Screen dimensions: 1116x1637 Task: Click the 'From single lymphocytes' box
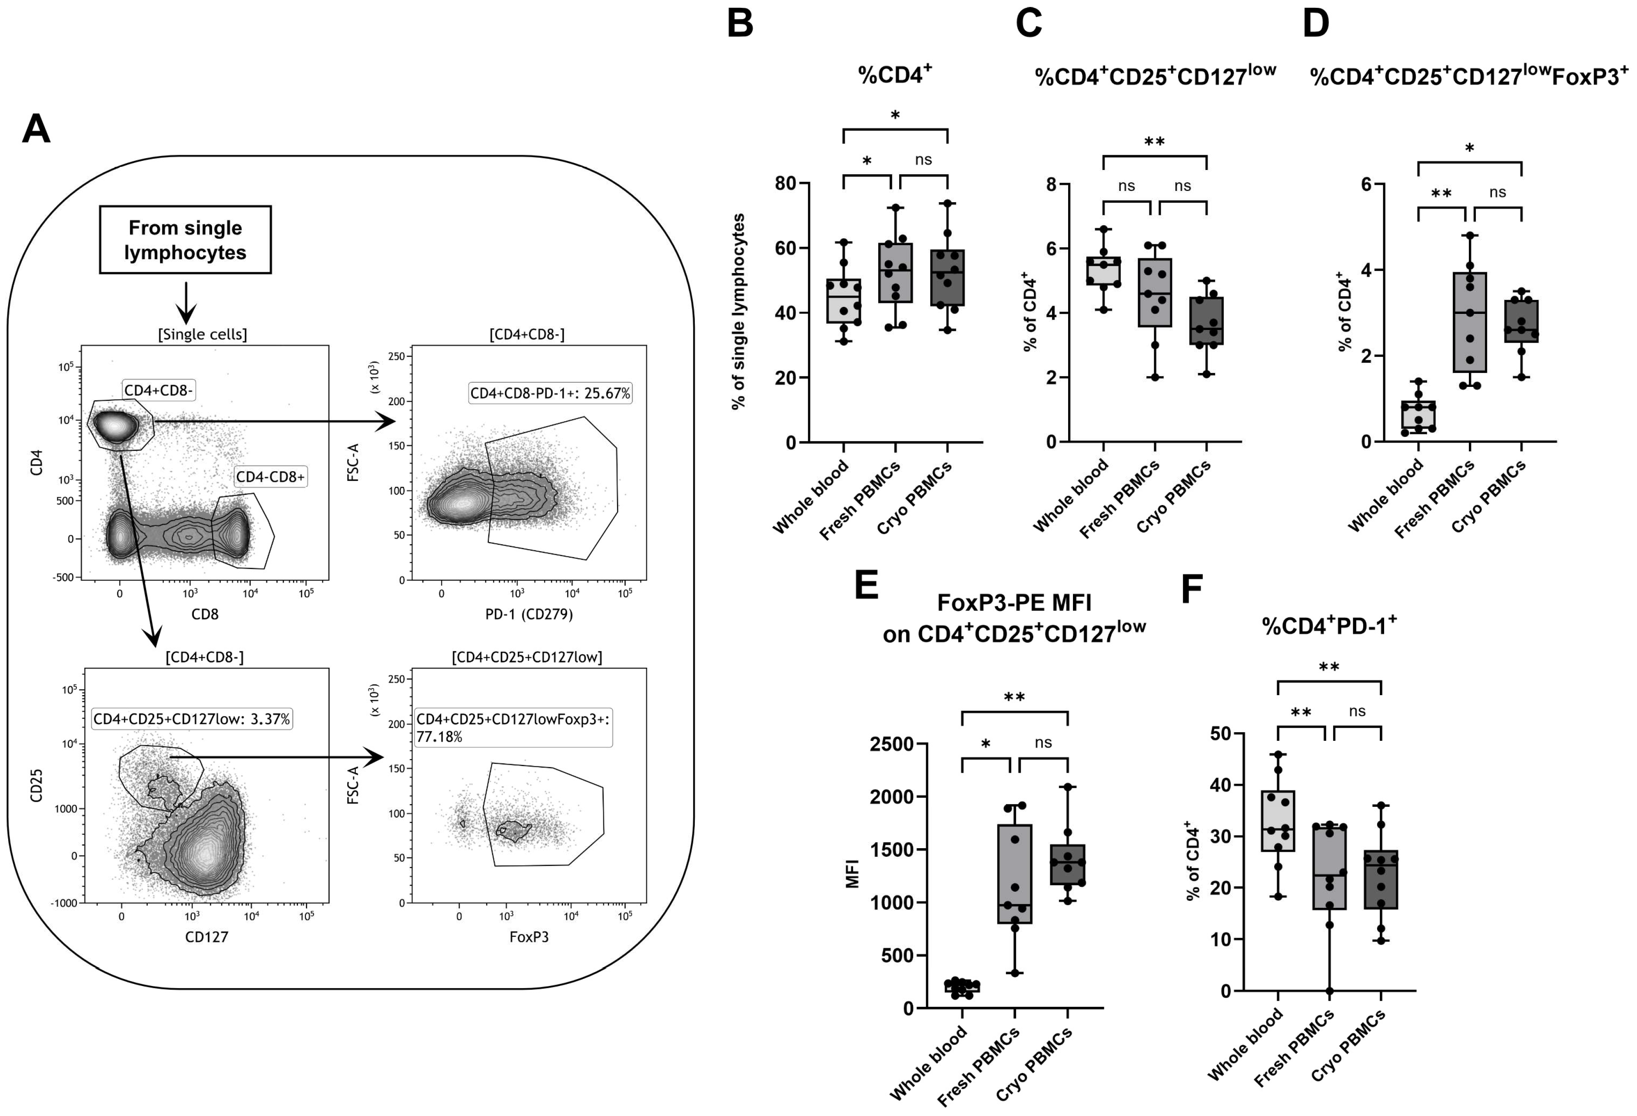185,240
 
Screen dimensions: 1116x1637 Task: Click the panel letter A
36,130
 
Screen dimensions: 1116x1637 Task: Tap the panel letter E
867,586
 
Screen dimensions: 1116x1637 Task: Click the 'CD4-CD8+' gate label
270,477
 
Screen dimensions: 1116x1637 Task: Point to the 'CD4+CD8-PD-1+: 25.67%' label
550,393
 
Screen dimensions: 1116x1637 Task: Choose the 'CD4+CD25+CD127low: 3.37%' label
192,720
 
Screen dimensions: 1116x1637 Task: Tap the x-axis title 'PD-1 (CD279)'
529,614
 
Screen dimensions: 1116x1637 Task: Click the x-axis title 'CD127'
206,937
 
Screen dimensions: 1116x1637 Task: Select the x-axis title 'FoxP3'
529,937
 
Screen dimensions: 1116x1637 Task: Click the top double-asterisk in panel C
1155,142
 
